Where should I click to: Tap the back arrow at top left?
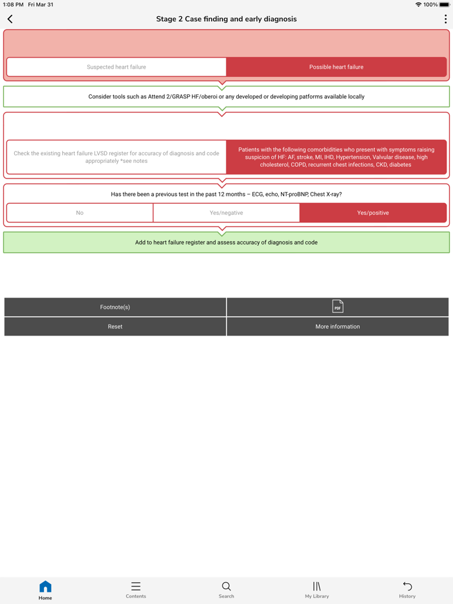[10, 19]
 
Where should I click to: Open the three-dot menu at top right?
[445, 19]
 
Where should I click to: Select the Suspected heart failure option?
[116, 67]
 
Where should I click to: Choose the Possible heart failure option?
[337, 67]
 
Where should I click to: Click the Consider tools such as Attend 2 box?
[226, 97]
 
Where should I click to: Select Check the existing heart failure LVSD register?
[116, 157]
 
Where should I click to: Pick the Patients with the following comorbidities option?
[337, 157]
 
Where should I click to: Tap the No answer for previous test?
[80, 213]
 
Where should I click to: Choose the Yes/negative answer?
[226, 213]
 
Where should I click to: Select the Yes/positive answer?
[373, 213]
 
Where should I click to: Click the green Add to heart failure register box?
[226, 243]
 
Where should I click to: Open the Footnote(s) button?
[115, 307]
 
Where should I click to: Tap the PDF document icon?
[338, 307]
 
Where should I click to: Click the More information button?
[338, 327]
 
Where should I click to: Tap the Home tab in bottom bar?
[45, 590]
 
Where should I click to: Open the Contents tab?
[136, 590]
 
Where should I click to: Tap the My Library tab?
[317, 590]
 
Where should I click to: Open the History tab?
[407, 590]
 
